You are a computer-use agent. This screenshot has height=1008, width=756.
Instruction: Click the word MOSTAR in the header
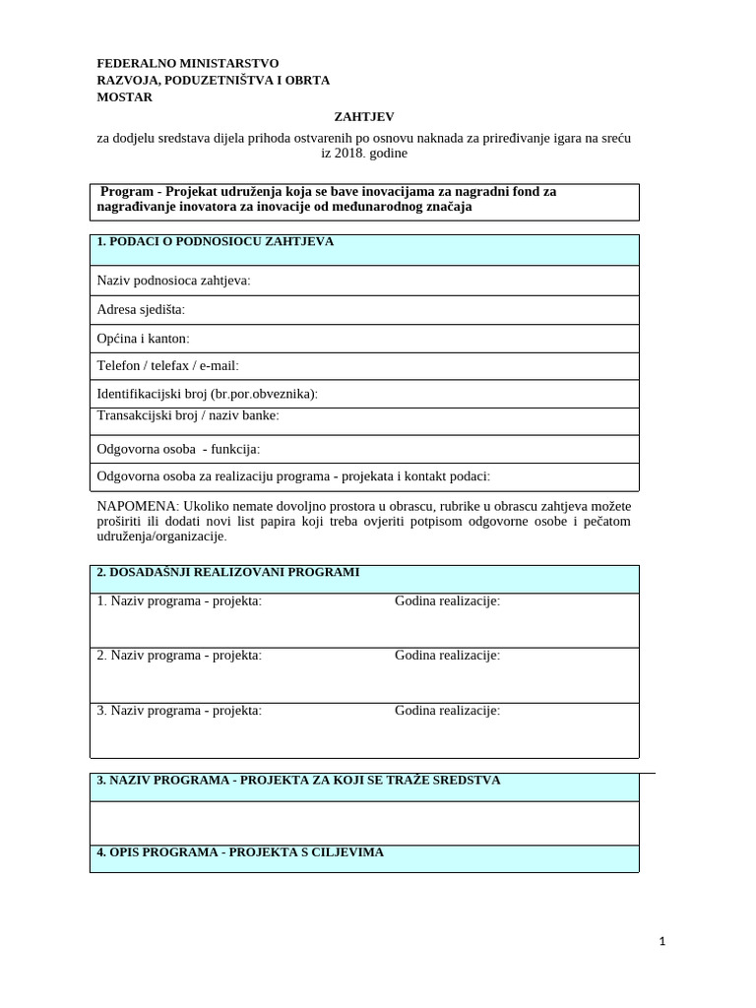[x=125, y=97]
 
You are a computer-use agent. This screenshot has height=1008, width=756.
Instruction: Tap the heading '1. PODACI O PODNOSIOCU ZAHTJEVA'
[x=216, y=242]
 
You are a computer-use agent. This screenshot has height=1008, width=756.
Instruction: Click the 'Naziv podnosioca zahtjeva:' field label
[x=173, y=281]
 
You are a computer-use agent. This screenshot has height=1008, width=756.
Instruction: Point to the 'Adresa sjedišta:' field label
[x=141, y=310]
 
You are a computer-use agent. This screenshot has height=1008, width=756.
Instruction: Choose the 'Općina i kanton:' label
[x=143, y=339]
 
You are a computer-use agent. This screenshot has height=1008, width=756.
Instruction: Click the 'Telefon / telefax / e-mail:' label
[x=167, y=366]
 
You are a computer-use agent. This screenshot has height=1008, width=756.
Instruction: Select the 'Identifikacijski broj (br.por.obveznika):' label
[x=207, y=394]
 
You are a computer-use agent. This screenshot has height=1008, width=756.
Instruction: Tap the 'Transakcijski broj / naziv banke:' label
[x=188, y=415]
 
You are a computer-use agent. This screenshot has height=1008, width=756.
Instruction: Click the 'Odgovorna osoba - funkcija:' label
[x=178, y=449]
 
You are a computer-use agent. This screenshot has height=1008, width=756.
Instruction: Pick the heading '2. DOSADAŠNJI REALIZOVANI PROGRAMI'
[x=227, y=572]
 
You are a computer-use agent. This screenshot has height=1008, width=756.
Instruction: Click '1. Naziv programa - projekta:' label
[x=179, y=600]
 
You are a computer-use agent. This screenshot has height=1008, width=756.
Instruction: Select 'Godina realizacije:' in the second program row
[x=447, y=655]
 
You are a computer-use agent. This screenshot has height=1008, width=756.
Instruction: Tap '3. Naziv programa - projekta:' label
[x=179, y=710]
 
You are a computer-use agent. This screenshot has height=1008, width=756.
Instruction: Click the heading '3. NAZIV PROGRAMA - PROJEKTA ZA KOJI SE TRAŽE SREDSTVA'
[x=298, y=780]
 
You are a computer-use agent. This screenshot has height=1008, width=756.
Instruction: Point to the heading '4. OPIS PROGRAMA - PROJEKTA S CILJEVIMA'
[x=240, y=851]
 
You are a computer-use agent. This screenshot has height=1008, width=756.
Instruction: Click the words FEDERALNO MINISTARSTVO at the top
[x=187, y=63]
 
